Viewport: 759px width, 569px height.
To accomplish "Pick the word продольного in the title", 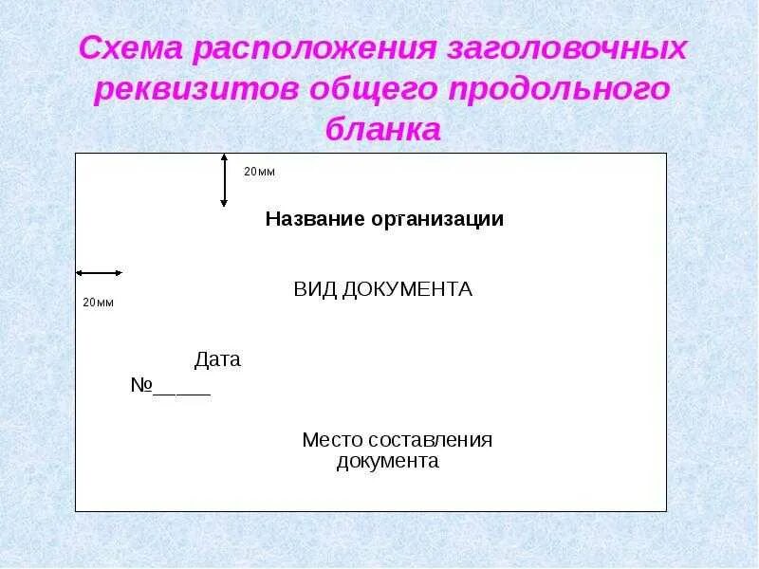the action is pyautogui.click(x=565, y=89).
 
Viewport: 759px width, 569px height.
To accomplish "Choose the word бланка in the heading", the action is pyautogui.click(x=383, y=128).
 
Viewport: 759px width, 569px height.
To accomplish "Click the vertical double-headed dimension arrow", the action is pyautogui.click(x=224, y=180).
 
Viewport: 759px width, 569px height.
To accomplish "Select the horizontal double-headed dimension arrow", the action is pyautogui.click(x=100, y=273).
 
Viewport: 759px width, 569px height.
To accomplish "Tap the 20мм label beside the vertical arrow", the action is pyautogui.click(x=259, y=172).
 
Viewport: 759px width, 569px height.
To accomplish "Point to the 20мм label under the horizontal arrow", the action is pyautogui.click(x=98, y=303).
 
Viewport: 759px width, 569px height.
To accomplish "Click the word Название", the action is pyautogui.click(x=315, y=220).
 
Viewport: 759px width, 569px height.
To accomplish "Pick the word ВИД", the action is pyautogui.click(x=313, y=289).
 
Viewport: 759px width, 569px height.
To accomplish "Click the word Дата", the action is pyautogui.click(x=217, y=360).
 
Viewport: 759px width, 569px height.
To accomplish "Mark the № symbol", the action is pyautogui.click(x=141, y=386).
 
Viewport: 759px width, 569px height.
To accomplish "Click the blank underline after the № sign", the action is pyautogui.click(x=182, y=391).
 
